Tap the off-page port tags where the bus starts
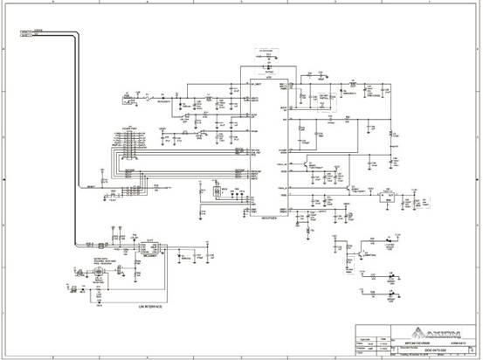(26, 33)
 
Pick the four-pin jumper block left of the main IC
(217, 192)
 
